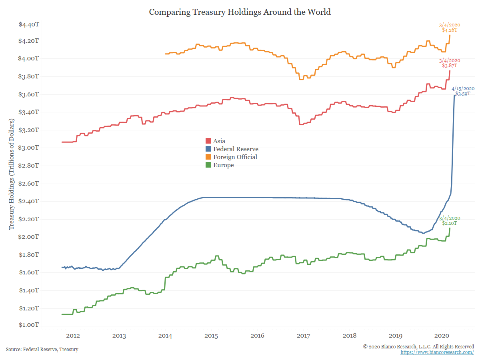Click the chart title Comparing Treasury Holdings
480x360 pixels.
(240, 12)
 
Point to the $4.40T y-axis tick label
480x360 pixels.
(29, 24)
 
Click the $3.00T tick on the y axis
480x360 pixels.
(29, 148)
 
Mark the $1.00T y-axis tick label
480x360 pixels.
(29, 325)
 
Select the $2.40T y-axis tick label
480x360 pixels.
(29, 201)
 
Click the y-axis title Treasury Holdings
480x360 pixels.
(12, 174)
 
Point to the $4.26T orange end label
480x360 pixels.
(450, 30)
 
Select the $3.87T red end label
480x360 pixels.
(450, 65)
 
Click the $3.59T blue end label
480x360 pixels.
(463, 94)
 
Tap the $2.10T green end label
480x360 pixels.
(450, 224)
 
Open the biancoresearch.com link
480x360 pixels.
(437, 352)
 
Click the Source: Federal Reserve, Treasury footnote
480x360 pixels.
(42, 350)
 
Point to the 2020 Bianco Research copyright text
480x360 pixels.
(418, 346)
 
